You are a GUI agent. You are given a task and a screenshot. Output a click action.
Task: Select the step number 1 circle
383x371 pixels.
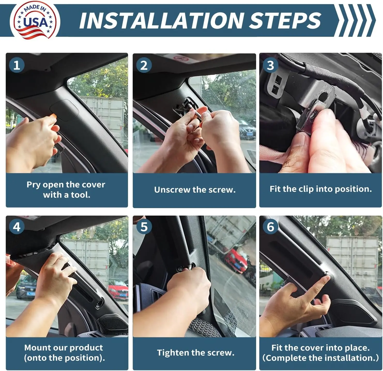[17, 65]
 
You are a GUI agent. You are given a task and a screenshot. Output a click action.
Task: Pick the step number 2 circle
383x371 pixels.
[144, 65]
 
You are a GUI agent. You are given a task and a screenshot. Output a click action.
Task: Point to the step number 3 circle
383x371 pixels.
[271, 65]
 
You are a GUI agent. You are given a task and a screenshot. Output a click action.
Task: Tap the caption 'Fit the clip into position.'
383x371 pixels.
[321, 189]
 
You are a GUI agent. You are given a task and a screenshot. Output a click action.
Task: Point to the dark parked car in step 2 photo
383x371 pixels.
[246, 129]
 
